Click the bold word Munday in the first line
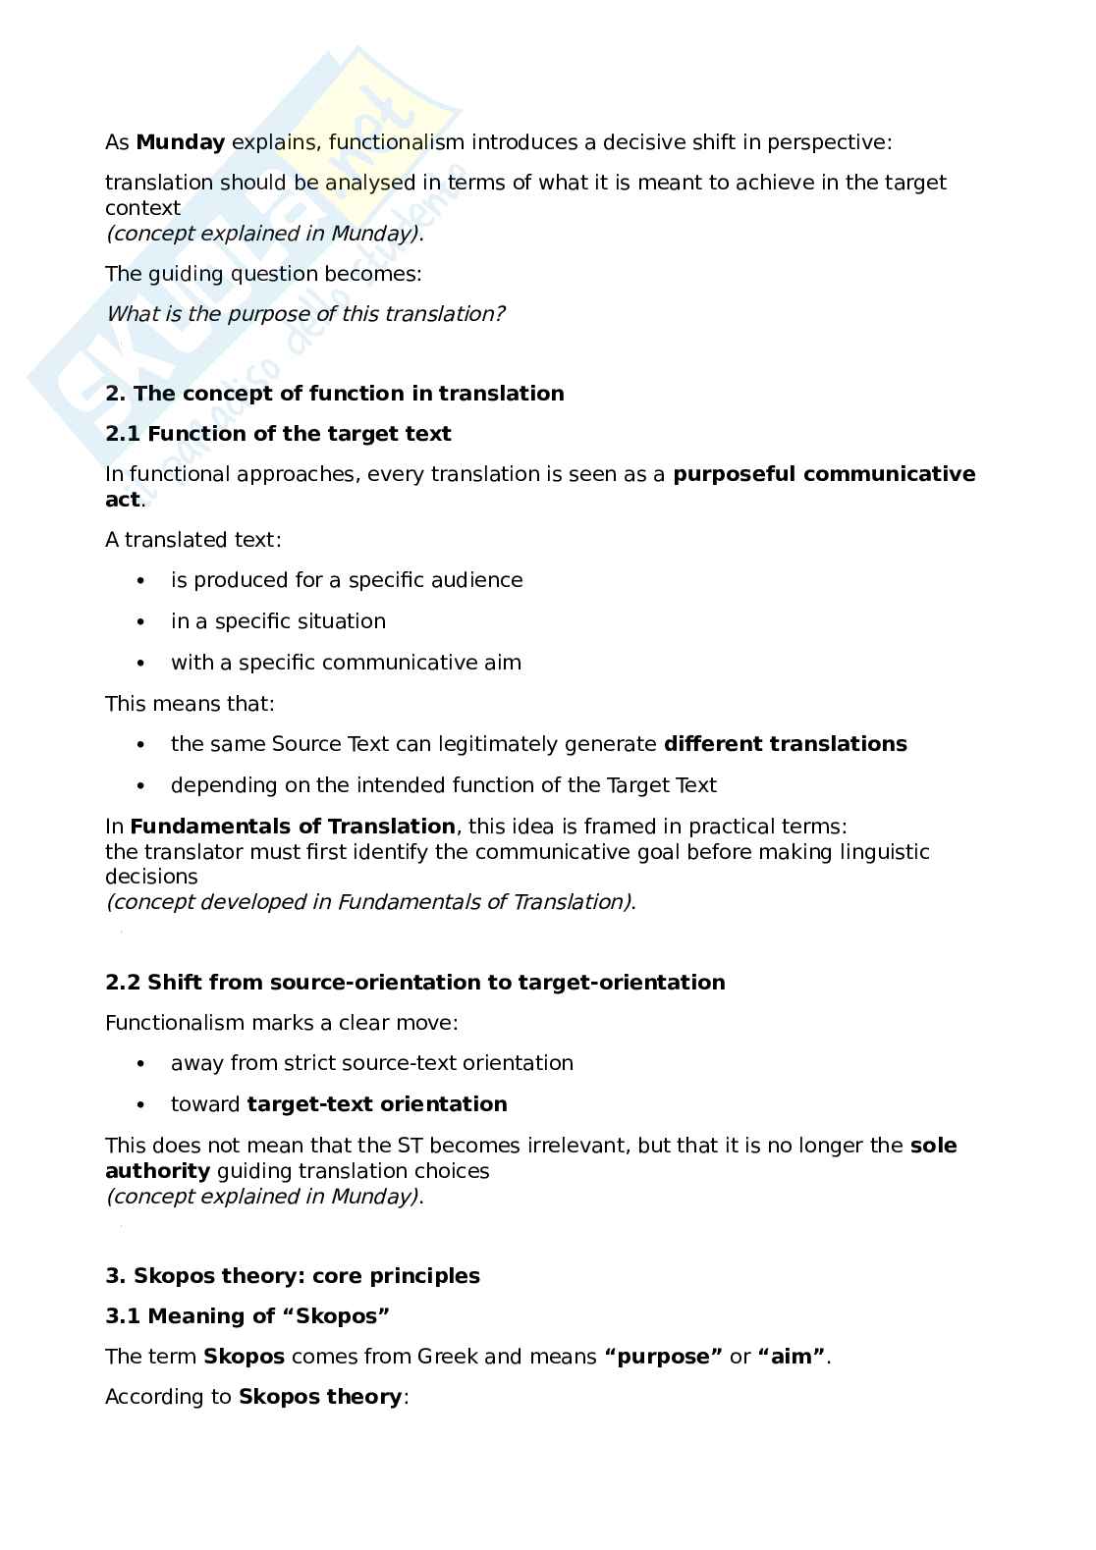(181, 142)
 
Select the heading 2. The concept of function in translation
(335, 394)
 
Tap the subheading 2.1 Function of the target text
(278, 434)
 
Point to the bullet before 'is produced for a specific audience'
(142, 581)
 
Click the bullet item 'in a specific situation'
(278, 621)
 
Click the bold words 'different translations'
(785, 744)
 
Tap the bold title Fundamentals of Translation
(293, 827)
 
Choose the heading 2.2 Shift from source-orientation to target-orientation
(414, 983)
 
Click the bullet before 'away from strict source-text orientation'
(142, 1064)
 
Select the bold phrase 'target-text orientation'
(377, 1104)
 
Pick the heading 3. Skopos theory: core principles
(293, 1276)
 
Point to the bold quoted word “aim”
(792, 1357)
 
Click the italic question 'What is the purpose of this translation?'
(305, 314)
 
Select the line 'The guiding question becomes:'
(263, 274)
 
